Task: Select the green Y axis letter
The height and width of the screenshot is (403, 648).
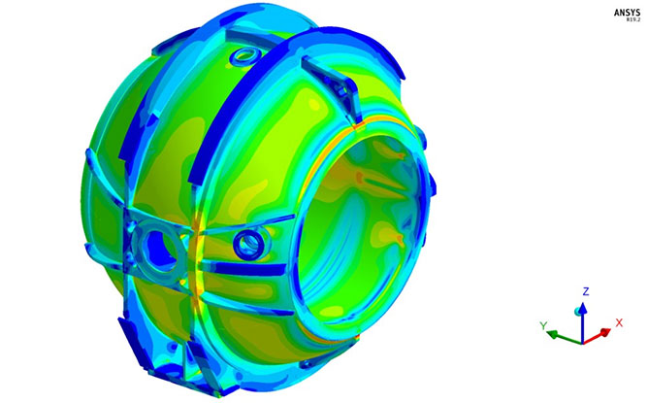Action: tap(546, 323)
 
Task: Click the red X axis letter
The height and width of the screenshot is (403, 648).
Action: tap(618, 322)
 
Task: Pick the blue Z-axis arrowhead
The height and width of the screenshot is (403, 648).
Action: tap(582, 308)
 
